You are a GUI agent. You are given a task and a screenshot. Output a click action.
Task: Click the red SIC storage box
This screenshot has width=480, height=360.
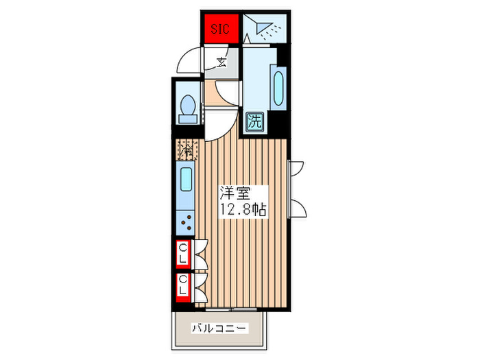tap(220, 29)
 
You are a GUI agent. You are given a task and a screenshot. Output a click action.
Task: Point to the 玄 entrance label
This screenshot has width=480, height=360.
tap(222, 62)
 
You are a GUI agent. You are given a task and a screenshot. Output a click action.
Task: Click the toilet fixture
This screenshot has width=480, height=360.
tap(187, 109)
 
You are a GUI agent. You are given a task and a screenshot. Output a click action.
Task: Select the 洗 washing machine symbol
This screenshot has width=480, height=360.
tap(254, 122)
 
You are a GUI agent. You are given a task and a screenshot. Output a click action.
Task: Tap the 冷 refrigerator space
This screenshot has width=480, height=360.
tap(187, 147)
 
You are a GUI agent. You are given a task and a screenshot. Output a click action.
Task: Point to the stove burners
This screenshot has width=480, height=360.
tap(186, 221)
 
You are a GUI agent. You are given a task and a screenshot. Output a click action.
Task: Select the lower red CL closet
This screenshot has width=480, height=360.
tap(183, 285)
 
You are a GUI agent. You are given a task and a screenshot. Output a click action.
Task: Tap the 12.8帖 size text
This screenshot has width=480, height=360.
tap(243, 210)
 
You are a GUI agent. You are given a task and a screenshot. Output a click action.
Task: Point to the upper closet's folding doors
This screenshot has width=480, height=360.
tap(200, 254)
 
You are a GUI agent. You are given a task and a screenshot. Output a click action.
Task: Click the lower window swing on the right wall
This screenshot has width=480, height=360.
tap(297, 205)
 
